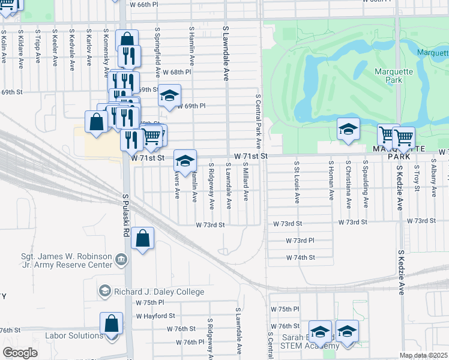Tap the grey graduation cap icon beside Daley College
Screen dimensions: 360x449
[x=104, y=292]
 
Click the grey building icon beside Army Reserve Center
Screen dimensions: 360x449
[x=121, y=260]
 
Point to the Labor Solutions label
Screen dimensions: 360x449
[x=74, y=336]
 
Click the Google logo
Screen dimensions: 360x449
[x=20, y=352]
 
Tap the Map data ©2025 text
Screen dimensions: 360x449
[x=423, y=355]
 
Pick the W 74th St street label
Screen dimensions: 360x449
[x=300, y=257]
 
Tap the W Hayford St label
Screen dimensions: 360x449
[x=155, y=316]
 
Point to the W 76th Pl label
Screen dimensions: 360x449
[x=190, y=342]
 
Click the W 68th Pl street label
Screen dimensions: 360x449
[x=176, y=72]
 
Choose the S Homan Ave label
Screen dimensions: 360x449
[x=331, y=180]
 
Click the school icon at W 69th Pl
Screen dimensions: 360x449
[x=170, y=95]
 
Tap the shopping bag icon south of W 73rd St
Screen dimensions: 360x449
[x=143, y=239]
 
